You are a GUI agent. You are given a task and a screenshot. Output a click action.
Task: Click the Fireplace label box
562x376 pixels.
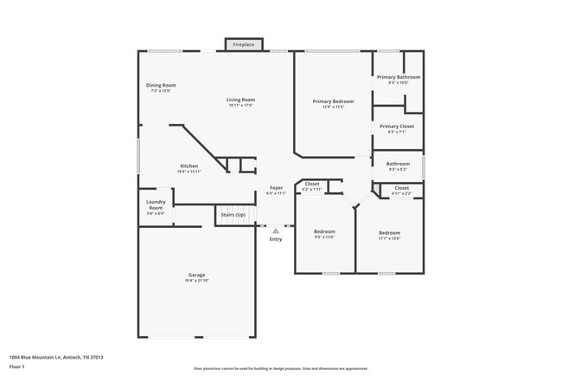[243, 44]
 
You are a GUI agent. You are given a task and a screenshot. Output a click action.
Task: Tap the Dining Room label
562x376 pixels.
[161, 85]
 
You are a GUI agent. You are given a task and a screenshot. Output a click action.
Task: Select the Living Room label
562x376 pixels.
[240, 100]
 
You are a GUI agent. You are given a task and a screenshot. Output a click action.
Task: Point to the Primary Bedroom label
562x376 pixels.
[333, 101]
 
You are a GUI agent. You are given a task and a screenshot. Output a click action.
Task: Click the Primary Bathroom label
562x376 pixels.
[398, 77]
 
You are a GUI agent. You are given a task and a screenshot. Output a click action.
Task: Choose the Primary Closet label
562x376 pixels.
[397, 126]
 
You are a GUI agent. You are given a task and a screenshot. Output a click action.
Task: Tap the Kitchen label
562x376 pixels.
[188, 165]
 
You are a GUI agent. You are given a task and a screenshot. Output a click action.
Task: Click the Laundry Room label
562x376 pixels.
[156, 205]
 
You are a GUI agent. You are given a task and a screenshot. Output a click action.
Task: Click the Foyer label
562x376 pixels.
[276, 188]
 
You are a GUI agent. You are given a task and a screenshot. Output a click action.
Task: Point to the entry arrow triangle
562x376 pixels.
[276, 230]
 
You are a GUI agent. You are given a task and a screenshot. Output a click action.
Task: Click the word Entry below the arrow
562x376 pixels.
[276, 239]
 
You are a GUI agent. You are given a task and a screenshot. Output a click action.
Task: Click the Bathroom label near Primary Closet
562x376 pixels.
[398, 163]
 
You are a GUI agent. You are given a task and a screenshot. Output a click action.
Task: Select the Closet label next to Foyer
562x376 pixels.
[311, 184]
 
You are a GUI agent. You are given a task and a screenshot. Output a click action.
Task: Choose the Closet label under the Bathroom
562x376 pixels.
[401, 187]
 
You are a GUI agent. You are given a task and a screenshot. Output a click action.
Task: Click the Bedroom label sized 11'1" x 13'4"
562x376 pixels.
[389, 232]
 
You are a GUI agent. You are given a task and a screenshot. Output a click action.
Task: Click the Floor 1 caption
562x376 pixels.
[17, 366]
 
